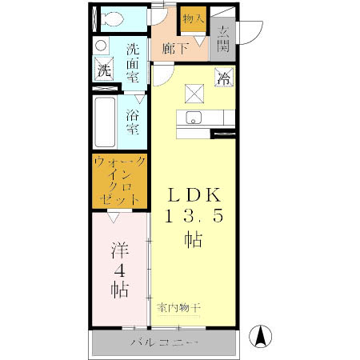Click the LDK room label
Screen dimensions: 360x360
tap(194, 195)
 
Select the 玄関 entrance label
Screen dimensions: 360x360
tap(223, 38)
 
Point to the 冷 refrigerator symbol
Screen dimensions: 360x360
tap(223, 78)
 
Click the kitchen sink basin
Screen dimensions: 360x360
tap(194, 118)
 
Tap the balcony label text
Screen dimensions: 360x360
tap(165, 343)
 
